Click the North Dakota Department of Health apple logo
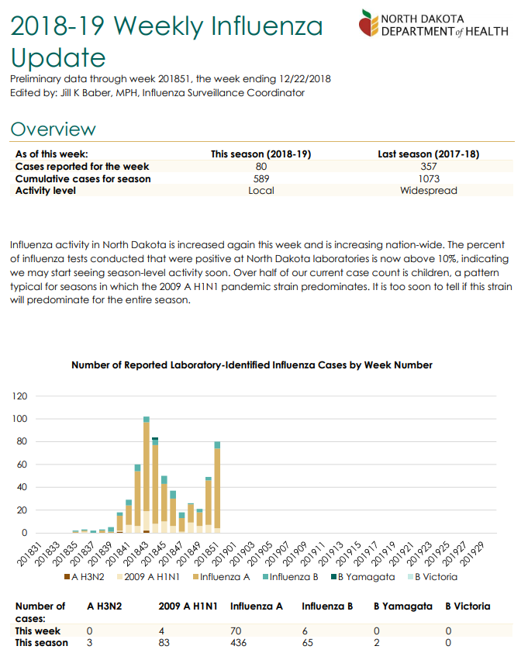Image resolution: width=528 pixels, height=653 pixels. coord(368,23)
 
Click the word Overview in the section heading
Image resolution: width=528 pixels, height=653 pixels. coord(53,129)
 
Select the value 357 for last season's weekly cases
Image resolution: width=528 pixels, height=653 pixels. coord(429,167)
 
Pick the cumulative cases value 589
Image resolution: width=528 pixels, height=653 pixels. coord(261,178)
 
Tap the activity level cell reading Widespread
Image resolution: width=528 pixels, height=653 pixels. coord(429,190)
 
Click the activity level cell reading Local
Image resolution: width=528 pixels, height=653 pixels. coord(261,190)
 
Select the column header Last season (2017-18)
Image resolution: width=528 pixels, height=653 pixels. coord(429,154)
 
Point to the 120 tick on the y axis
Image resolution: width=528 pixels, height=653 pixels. coord(20,396)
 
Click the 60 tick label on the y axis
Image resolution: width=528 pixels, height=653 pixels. coord(22,465)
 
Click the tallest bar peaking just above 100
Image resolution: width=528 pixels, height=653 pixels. coord(147,475)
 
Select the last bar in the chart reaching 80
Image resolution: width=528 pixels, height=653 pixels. coord(217,487)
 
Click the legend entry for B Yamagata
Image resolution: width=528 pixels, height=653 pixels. coord(363,577)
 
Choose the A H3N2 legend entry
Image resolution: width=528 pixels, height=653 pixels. coord(84,577)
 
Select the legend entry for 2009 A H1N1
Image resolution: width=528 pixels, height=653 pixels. coord(149,577)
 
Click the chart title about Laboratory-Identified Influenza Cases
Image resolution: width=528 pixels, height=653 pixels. coord(252,365)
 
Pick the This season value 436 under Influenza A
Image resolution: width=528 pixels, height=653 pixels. coord(238,643)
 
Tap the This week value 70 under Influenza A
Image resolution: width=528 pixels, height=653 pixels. coord(236,631)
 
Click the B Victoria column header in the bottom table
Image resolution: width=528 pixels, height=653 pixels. coord(468,606)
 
